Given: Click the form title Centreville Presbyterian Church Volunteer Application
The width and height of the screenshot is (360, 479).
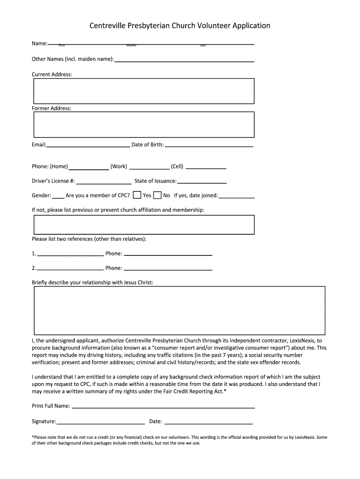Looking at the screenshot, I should tap(180, 26).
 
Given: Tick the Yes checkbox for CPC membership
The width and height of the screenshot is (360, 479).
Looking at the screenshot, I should tap(137, 195).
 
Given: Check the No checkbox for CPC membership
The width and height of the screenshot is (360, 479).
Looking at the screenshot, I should tap(158, 195).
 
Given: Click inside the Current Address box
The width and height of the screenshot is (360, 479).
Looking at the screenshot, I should tap(144, 91).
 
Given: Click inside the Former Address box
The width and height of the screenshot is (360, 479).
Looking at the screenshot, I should tap(144, 124).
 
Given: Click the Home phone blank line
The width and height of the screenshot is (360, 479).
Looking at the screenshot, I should tap(89, 168).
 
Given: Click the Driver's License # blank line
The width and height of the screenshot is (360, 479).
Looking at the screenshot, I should tap(103, 183).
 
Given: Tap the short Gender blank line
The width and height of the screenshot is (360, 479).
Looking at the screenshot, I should tap(58, 197).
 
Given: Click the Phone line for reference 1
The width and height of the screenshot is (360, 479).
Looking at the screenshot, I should tap(168, 255).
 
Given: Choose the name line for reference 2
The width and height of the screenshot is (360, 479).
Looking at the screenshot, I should tap(70, 270).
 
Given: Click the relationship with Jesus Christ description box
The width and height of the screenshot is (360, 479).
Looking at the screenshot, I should tap(180, 310).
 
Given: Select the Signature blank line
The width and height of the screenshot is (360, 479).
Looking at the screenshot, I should tap(101, 423).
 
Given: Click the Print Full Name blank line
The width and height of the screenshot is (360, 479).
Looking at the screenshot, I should tap(163, 407).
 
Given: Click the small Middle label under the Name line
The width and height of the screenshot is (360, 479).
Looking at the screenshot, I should tap(131, 45).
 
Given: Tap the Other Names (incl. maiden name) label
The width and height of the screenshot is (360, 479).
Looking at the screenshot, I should tap(72, 59).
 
